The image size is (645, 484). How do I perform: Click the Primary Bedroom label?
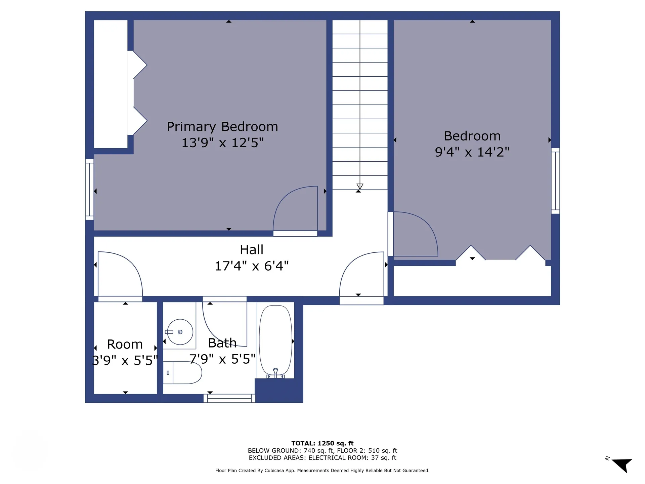tap(222, 127)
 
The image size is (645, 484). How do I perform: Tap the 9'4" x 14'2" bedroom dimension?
tap(472, 152)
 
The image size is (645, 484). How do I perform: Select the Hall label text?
tap(251, 250)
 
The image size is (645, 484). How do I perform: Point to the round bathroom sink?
tap(180, 332)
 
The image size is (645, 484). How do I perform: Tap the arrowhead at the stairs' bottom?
tap(360, 187)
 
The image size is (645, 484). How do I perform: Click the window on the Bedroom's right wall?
tap(555, 181)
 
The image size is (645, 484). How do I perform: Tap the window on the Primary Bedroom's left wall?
tap(89, 189)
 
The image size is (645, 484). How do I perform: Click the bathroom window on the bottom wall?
tap(229, 398)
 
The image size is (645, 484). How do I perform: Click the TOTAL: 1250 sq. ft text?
tap(322, 443)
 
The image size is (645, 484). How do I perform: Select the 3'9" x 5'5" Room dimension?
tap(125, 360)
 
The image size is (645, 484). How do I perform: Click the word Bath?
tap(222, 343)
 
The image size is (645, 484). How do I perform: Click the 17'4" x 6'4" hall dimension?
tap(251, 266)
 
